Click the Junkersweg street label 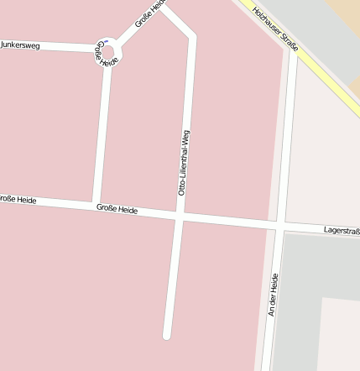tap(20, 44)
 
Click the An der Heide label tap(272, 295)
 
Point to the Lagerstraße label tap(342, 229)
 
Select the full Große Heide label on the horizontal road tap(117, 208)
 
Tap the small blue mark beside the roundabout tap(107, 40)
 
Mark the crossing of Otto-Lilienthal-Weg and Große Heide tap(179, 217)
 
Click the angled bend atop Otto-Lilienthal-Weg tap(192, 36)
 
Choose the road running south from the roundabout tap(102, 134)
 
